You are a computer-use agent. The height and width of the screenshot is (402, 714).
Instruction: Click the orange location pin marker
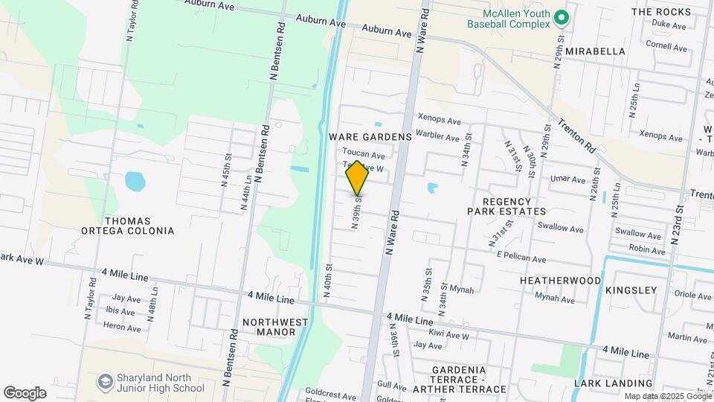[357, 177]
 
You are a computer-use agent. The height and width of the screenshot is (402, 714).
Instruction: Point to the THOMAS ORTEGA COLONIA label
[128, 226]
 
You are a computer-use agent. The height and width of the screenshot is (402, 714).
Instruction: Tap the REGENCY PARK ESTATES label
[500, 206]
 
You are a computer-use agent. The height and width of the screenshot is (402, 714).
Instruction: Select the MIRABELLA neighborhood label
[594, 51]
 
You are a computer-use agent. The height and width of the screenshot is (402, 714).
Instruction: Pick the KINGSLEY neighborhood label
[631, 290]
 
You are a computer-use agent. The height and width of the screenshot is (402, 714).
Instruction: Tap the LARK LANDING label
[607, 383]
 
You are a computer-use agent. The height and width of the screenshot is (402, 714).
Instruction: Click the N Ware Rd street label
[392, 233]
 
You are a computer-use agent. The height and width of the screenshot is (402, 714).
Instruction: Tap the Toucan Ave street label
[364, 155]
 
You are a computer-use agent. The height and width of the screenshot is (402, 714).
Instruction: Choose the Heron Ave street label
[122, 328]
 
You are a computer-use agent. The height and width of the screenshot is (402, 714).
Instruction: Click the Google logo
[25, 392]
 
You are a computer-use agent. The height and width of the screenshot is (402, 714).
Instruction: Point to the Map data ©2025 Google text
[667, 396]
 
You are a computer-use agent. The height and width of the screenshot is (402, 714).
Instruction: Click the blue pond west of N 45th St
[135, 181]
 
